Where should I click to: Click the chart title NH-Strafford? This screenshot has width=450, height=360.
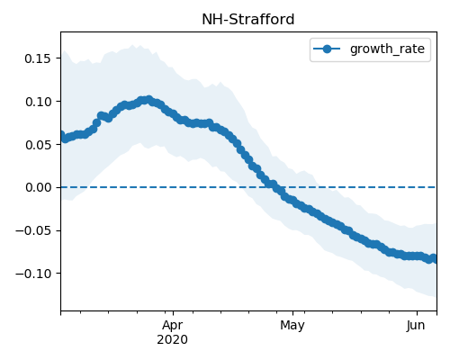(x=248, y=20)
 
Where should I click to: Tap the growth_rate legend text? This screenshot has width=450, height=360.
(x=387, y=49)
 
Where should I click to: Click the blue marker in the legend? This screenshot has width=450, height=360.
(x=327, y=49)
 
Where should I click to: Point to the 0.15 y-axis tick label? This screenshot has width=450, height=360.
(x=38, y=58)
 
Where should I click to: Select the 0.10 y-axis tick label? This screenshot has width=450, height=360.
(x=38, y=102)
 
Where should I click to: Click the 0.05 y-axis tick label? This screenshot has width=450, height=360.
(x=38, y=145)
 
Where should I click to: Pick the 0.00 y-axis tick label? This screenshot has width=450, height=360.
(x=38, y=187)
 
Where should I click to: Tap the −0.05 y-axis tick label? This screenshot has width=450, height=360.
(x=33, y=230)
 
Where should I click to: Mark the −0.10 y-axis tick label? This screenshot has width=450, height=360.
(x=33, y=274)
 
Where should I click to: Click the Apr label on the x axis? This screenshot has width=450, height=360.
(x=173, y=325)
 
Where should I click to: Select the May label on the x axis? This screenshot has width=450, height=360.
(x=292, y=326)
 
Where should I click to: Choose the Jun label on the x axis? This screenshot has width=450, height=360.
(x=416, y=325)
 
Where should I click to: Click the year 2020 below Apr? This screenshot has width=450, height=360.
(x=173, y=339)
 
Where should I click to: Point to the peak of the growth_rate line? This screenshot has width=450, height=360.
(x=148, y=99)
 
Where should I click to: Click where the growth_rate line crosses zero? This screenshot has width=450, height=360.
(x=274, y=187)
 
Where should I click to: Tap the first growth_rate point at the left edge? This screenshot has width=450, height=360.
(x=61, y=135)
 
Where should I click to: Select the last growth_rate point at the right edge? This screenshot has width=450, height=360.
(x=434, y=258)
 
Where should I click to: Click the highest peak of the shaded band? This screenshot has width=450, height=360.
(x=132, y=45)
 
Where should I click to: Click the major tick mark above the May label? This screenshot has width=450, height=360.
(x=293, y=314)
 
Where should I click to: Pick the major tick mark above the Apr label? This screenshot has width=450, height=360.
(x=173, y=314)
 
